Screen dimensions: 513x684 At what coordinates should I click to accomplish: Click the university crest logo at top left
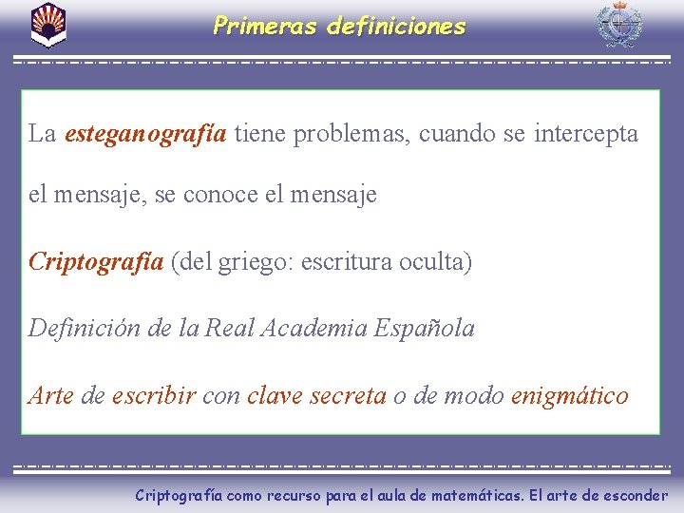48,25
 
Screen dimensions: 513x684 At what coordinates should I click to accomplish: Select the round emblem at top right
618,25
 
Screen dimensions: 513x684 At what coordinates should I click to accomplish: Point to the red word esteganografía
145,134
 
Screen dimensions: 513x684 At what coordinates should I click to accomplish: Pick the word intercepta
585,134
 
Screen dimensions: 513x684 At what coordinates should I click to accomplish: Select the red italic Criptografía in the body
96,261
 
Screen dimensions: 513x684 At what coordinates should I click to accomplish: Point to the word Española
425,329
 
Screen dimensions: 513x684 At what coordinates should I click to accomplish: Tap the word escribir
154,395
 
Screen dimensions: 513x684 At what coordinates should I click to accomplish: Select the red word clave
277,395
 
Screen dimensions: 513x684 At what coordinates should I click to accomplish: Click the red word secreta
351,395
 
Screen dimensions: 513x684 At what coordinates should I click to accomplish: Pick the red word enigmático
569,395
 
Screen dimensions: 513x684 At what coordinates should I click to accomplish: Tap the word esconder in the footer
634,495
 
